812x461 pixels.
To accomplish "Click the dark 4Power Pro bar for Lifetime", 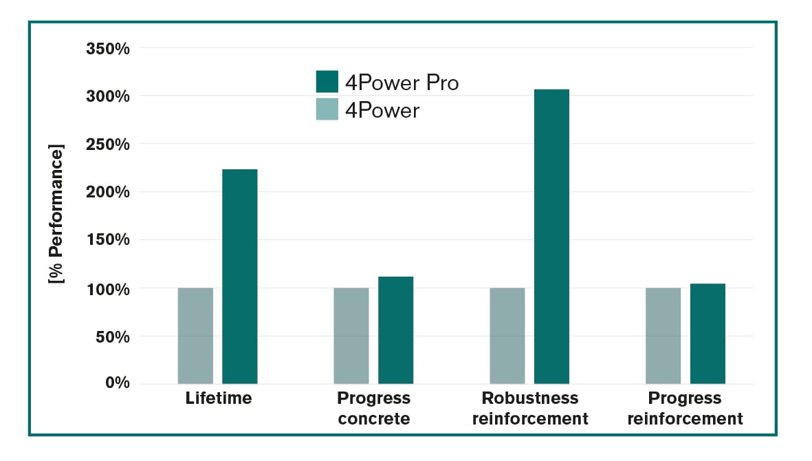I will coord(239,276).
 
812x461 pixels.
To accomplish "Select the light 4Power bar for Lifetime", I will coord(195,335).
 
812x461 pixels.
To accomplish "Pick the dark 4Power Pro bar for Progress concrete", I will coord(395,330).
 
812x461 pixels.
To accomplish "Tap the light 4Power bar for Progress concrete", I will coord(351,335).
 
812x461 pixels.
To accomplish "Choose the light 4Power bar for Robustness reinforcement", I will coord(507,335).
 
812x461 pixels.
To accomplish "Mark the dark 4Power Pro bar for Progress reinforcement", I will coord(707,333).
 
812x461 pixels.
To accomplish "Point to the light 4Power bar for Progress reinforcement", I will coord(663,335).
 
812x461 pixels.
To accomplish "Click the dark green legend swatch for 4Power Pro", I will coord(327,81).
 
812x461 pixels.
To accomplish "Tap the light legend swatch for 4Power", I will coord(327,109).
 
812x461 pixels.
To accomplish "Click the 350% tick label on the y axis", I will coord(108,49).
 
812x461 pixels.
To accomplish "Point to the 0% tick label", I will coord(117,383).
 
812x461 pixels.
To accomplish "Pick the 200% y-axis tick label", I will coord(108,192).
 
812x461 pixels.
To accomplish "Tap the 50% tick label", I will coord(113,336).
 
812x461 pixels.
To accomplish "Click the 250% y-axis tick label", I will coord(108,144).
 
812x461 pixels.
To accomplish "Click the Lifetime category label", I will coord(219,398).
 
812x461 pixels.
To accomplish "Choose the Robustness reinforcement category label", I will coord(530,408).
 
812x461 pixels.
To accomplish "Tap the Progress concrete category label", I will coord(373,408).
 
